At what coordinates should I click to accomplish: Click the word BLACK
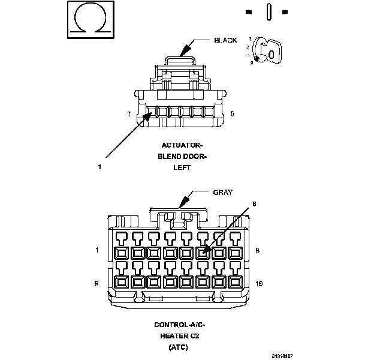click(x=225, y=40)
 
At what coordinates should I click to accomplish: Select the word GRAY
click(x=222, y=192)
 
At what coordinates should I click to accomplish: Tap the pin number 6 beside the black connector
click(x=232, y=113)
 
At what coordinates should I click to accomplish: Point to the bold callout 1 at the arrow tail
click(x=99, y=168)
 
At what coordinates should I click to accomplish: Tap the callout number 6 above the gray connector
click(x=254, y=204)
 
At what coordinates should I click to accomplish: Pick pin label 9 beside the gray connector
click(x=96, y=282)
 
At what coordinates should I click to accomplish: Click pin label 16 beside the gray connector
click(x=258, y=282)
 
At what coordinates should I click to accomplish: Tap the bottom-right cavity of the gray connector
click(x=234, y=281)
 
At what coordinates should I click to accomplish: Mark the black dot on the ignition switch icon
click(x=258, y=58)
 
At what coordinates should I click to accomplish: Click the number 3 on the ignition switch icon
click(x=250, y=38)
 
